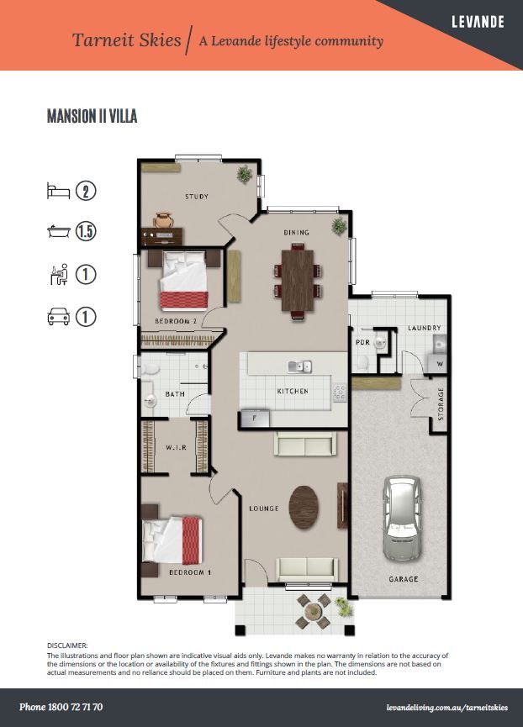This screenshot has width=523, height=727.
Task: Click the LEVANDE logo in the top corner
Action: click(x=478, y=22)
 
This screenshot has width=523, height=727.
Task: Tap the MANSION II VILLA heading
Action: click(x=92, y=116)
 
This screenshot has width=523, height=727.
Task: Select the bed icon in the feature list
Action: click(x=58, y=191)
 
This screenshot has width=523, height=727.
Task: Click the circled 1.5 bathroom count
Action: click(x=86, y=231)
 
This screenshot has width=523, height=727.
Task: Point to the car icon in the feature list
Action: click(x=59, y=317)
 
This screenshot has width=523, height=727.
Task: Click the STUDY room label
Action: click(x=197, y=197)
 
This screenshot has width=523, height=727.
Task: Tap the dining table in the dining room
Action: click(x=297, y=282)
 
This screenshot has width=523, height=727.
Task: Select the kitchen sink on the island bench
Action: click(x=299, y=366)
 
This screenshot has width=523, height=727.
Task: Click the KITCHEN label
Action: click(x=293, y=392)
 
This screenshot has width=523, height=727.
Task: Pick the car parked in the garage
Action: click(x=403, y=519)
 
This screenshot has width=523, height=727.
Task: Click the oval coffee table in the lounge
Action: click(x=304, y=508)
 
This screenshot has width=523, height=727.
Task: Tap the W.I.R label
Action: click(x=177, y=447)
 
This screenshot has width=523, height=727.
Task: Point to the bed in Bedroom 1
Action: click(x=172, y=540)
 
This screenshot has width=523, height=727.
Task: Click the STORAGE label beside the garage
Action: click(x=441, y=403)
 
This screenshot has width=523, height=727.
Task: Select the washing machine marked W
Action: click(x=436, y=363)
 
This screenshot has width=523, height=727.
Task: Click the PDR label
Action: click(x=362, y=342)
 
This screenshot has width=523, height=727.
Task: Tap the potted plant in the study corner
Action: click(x=245, y=174)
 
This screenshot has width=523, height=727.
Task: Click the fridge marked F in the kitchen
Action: click(x=255, y=419)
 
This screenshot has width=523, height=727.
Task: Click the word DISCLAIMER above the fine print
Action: click(x=67, y=645)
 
